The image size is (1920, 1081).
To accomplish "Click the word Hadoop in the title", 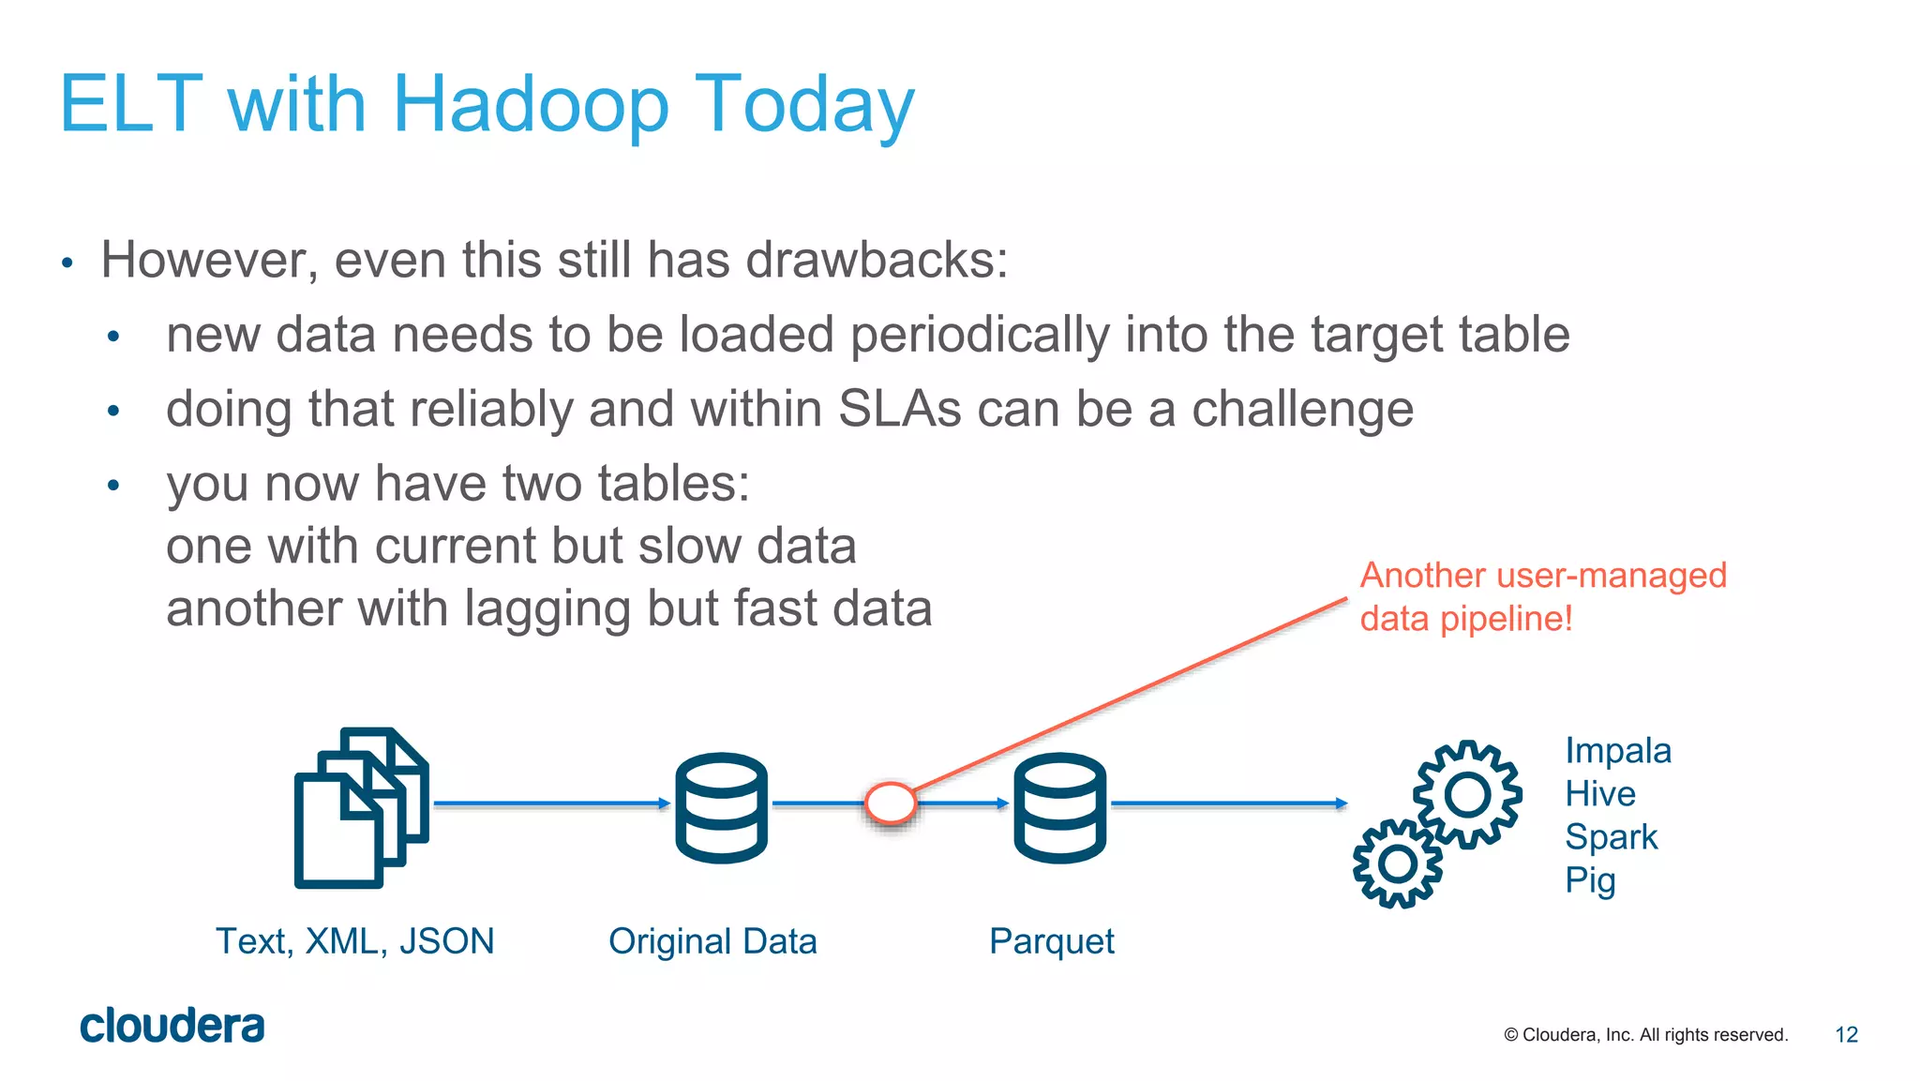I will [x=531, y=105].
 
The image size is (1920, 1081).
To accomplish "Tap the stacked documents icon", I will [x=361, y=807].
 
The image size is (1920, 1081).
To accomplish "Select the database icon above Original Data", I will [x=721, y=807].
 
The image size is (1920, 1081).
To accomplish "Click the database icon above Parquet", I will [x=1059, y=807].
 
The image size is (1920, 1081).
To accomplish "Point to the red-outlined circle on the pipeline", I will [x=890, y=803].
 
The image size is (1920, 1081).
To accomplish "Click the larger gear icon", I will [x=1467, y=795].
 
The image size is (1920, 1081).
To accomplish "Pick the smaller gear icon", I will [x=1397, y=863].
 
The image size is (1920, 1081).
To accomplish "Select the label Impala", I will [x=1617, y=751].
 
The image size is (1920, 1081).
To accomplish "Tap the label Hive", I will [x=1599, y=794].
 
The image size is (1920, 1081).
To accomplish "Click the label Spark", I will [x=1611, y=837].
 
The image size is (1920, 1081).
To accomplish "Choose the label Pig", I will [x=1590, y=880].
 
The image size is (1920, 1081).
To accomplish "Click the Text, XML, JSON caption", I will [x=355, y=941].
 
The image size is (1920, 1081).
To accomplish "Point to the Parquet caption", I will [x=1051, y=941].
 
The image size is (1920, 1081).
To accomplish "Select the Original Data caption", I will [x=712, y=941].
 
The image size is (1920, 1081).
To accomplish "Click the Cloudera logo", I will [x=172, y=1026].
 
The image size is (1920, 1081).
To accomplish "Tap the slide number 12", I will [x=1846, y=1034].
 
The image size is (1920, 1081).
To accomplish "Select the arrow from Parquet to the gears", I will [x=1228, y=803].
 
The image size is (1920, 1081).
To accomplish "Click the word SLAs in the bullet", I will [x=900, y=410].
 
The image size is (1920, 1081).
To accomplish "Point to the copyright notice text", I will [x=1645, y=1035].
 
